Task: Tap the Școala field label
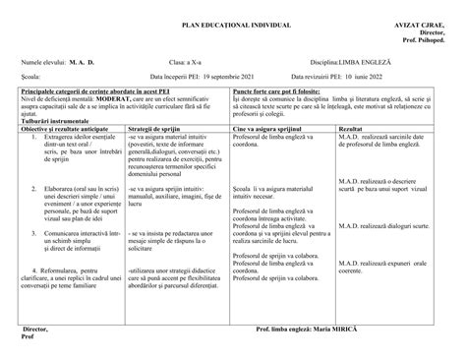(30, 76)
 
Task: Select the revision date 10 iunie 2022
(373, 76)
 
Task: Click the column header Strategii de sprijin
(157, 128)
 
